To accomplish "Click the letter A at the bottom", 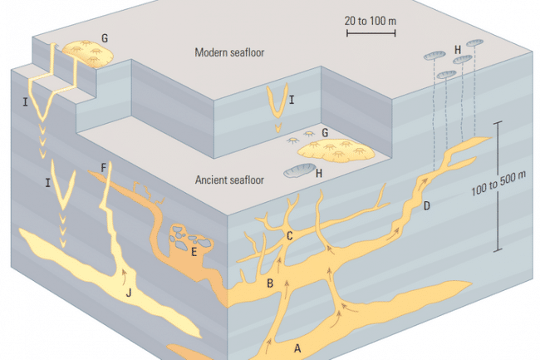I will tap(298, 348).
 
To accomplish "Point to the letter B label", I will tap(270, 284).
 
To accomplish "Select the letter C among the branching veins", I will tap(289, 235).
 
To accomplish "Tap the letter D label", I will tap(426, 205).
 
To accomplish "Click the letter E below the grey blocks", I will tap(193, 250).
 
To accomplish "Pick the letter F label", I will tap(103, 168).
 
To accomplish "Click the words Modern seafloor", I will tap(228, 52).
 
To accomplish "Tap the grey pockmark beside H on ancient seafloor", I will tap(296, 173).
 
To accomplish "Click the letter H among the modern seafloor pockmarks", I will tap(458, 51).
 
